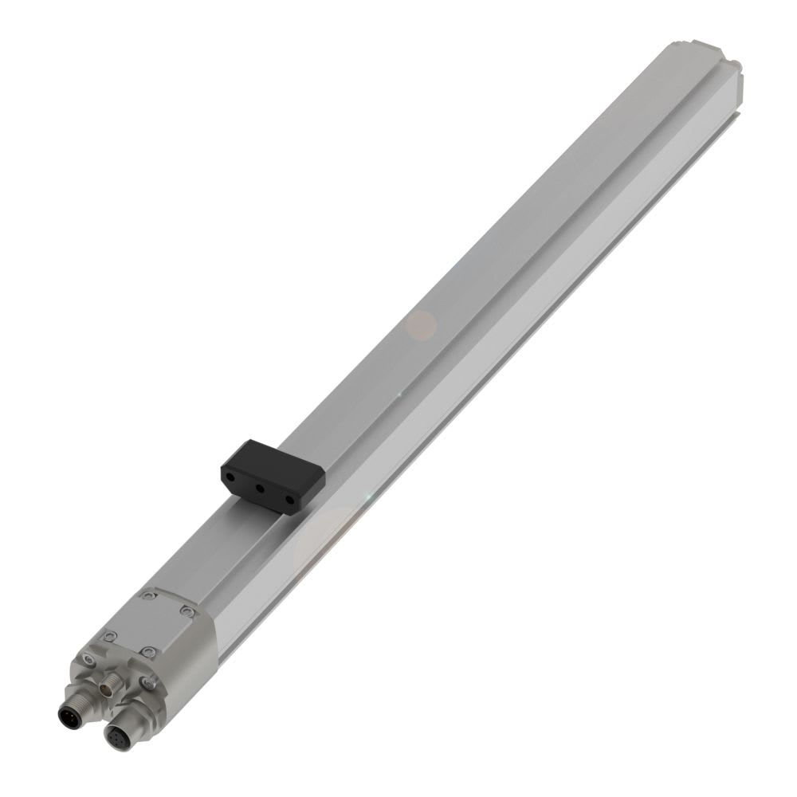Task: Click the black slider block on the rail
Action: [x=274, y=474]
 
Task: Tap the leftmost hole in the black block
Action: [x=230, y=473]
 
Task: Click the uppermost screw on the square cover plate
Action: [x=147, y=595]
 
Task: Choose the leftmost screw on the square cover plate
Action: [x=110, y=634]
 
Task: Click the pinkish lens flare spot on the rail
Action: [x=422, y=324]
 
